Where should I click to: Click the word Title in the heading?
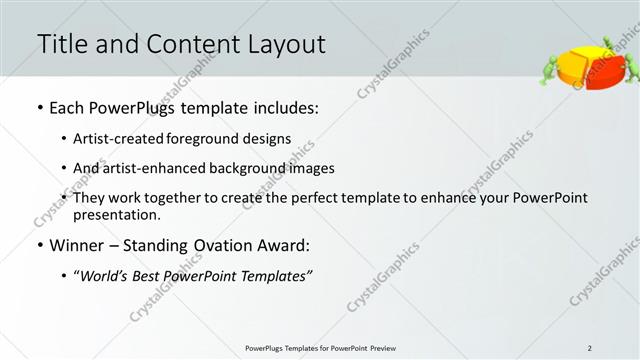point(62,44)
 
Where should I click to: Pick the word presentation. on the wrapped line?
point(117,215)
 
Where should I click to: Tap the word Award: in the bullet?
point(286,245)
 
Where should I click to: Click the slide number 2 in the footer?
point(590,348)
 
